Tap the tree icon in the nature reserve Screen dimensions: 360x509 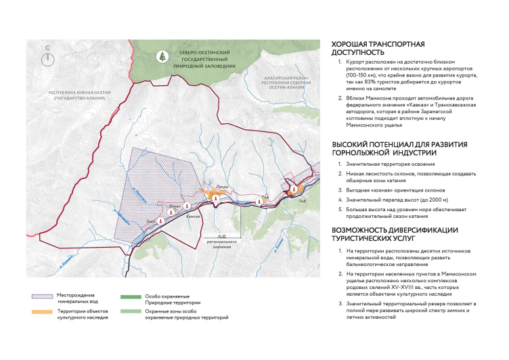click(161, 57)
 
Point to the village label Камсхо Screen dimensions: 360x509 click(193, 216)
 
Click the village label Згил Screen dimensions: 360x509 click(152, 220)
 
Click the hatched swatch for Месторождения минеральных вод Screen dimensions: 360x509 click(45, 296)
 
